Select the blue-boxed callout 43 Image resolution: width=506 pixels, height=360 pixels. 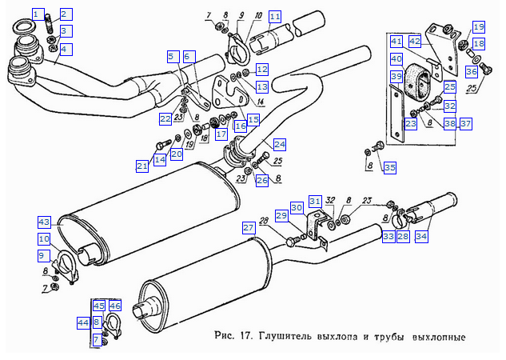[44, 221]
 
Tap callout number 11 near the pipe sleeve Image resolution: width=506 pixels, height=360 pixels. [275, 16]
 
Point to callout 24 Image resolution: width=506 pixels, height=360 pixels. [279, 145]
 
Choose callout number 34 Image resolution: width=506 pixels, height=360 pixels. [421, 236]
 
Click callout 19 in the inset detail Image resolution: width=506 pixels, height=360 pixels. [478, 27]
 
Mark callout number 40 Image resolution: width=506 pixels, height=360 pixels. [396, 58]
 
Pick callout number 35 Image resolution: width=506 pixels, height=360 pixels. [389, 167]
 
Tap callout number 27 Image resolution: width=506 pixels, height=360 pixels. [249, 228]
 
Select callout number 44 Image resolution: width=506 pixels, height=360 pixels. [83, 322]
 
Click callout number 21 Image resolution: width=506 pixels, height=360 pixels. [141, 166]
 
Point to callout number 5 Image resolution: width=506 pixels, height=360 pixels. [171, 56]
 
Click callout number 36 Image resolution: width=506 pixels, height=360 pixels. [471, 72]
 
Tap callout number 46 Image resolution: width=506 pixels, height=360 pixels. [115, 306]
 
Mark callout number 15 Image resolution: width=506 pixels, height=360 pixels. [253, 119]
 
